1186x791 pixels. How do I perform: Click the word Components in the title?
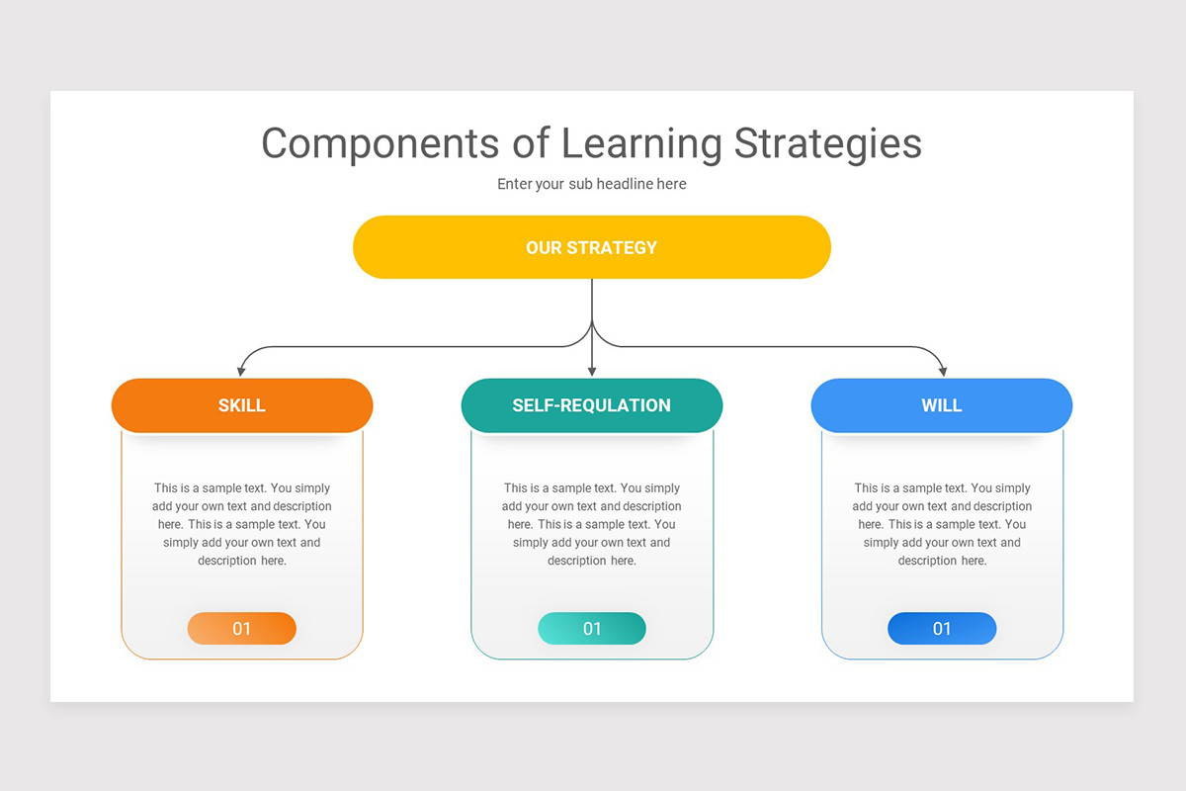[381, 144]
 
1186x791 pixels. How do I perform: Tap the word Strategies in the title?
[827, 144]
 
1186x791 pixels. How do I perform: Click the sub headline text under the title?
[591, 184]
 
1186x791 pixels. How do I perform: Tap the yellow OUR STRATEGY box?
[591, 247]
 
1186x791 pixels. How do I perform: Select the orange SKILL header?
[242, 405]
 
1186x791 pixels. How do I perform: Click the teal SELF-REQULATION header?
[591, 405]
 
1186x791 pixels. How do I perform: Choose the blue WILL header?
[941, 405]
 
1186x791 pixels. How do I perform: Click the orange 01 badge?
[242, 629]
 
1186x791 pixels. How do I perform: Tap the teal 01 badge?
[591, 629]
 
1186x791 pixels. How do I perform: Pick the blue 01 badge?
[941, 629]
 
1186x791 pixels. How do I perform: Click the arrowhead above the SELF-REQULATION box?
[591, 370]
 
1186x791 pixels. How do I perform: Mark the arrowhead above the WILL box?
[942, 370]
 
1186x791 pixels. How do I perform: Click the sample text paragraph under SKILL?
[242, 524]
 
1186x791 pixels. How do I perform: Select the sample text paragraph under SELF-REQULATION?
[591, 524]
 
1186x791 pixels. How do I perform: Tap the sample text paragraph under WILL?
[941, 524]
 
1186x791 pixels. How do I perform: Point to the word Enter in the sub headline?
[514, 184]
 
